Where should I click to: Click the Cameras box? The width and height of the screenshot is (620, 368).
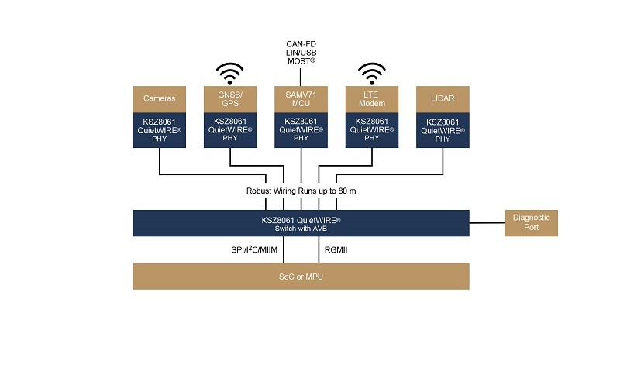tap(160, 98)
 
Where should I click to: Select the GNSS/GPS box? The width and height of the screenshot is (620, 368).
tap(230, 98)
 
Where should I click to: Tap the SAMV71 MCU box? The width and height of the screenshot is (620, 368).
tap(301, 98)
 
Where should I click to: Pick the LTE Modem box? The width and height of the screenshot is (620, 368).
tap(372, 98)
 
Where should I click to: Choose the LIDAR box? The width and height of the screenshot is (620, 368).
tap(443, 98)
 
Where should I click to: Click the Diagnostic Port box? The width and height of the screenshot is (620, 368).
tap(531, 223)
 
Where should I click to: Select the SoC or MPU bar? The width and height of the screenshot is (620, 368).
tap(301, 277)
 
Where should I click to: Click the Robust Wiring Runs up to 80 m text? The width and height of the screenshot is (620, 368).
tap(301, 191)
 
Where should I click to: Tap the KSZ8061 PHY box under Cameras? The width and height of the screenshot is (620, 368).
tap(160, 129)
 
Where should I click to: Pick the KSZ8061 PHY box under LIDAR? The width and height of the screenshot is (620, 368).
tap(443, 129)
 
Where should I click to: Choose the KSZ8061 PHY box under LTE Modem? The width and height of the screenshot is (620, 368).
tap(372, 129)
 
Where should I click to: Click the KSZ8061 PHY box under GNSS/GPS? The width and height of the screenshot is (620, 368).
tap(230, 129)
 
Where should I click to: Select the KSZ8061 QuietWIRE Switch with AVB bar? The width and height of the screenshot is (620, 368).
tap(301, 223)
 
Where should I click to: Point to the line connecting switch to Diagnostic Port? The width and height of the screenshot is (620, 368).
tap(487, 223)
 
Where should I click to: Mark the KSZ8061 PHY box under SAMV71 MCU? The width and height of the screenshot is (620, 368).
tap(301, 129)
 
